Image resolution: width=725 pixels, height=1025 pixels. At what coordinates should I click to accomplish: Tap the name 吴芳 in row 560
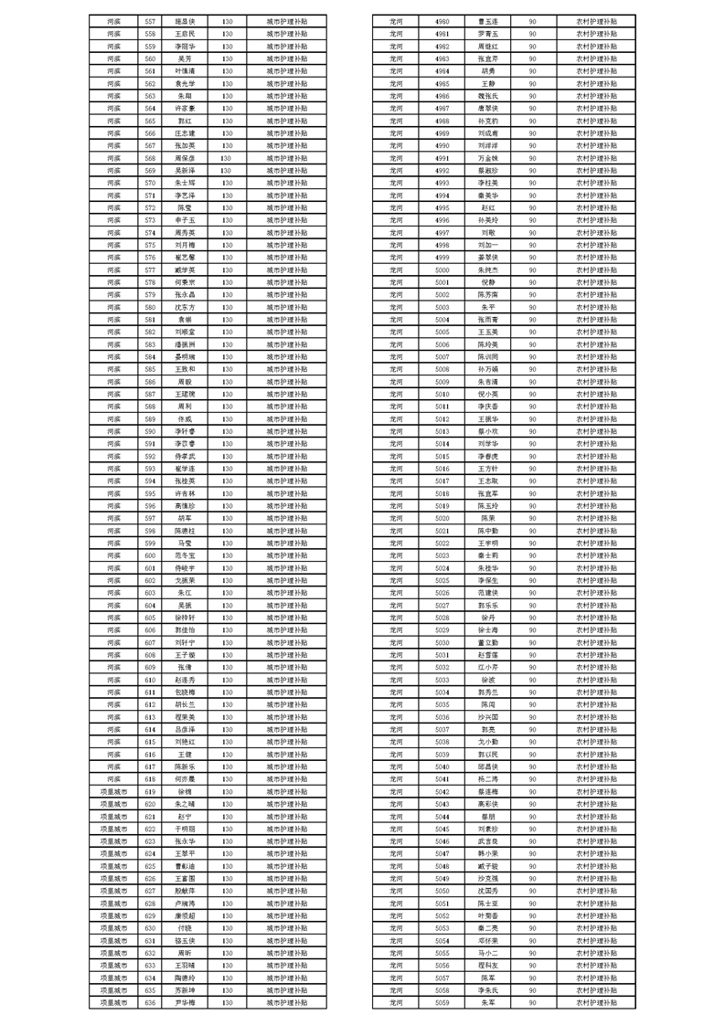(x=185, y=58)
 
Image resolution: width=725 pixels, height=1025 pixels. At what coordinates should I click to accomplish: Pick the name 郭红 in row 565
(x=185, y=120)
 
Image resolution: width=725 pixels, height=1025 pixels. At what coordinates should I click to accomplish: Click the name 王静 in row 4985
(x=488, y=83)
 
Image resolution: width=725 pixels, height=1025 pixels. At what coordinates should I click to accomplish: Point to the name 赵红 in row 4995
(x=488, y=207)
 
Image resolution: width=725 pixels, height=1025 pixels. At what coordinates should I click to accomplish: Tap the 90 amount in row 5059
(x=532, y=1002)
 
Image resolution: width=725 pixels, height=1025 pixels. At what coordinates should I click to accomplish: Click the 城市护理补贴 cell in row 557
(x=286, y=20)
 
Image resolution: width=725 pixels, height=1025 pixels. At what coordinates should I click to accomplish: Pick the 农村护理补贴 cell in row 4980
(x=596, y=20)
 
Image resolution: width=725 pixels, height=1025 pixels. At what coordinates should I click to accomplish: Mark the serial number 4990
(x=442, y=145)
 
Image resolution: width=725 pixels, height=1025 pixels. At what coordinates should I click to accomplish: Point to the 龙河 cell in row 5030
(x=395, y=642)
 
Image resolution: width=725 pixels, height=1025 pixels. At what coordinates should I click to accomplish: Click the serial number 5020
(x=442, y=517)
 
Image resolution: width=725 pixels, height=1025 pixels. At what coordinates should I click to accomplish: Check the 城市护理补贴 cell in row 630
(x=286, y=927)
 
